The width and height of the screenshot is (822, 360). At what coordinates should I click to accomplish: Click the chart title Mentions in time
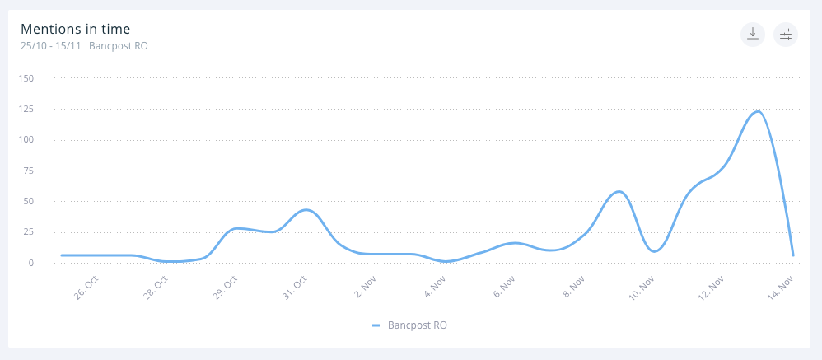(x=75, y=29)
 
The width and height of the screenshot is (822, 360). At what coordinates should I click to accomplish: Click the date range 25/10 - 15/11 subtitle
(x=51, y=46)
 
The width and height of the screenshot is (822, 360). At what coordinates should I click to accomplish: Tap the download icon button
(x=753, y=34)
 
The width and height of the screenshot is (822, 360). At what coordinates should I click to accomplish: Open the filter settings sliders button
(x=786, y=34)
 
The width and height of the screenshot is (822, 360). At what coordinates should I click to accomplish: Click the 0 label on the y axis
(x=30, y=263)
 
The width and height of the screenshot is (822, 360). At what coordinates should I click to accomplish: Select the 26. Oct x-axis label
(x=86, y=288)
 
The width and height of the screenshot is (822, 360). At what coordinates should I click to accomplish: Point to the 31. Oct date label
(x=295, y=288)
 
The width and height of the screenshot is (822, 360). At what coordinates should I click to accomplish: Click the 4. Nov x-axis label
(x=436, y=288)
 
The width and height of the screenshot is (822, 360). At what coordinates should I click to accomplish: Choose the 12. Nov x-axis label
(x=712, y=288)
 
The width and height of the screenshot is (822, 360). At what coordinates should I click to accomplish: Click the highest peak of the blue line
(x=757, y=111)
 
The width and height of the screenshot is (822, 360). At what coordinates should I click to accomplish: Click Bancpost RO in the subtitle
(x=119, y=46)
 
